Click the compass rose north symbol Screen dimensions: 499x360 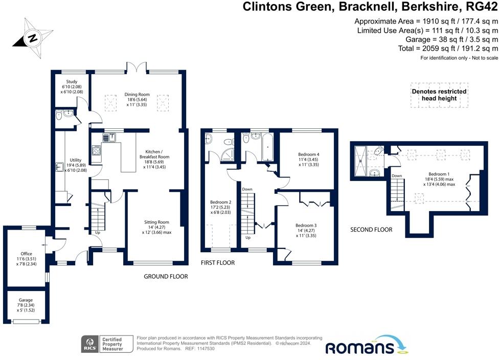32,37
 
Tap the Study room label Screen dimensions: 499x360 71,85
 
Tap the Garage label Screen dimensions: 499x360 26,302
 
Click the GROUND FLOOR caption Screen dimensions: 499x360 165,277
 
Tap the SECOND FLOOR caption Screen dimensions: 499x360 371,230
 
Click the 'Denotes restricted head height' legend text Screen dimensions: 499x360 439,95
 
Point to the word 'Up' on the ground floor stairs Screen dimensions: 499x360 98,233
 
